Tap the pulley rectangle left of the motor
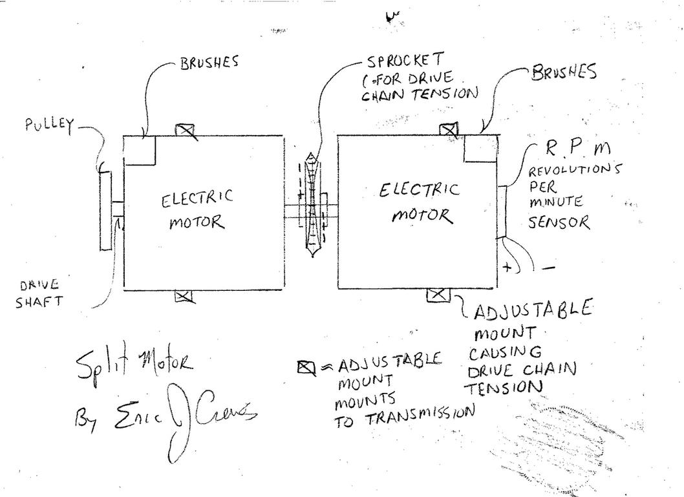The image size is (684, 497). [x=105, y=209]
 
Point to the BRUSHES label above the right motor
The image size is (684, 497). [x=563, y=72]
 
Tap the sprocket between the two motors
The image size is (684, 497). [x=313, y=205]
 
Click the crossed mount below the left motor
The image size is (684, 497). [x=184, y=297]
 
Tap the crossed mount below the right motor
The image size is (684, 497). [x=438, y=295]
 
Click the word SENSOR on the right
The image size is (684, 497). [x=559, y=223]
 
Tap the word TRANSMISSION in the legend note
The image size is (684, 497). [x=420, y=415]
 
